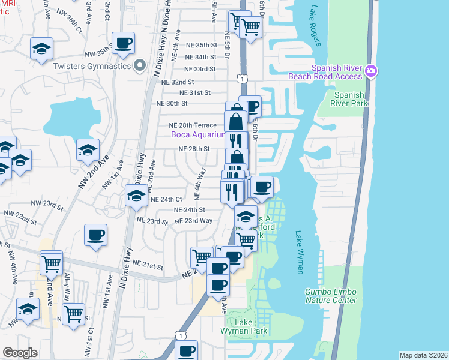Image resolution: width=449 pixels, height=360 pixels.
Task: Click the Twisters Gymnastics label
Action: pos(92,66)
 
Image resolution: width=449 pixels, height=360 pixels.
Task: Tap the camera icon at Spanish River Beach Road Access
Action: pos(371,71)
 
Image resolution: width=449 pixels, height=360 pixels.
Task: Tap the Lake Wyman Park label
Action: pos(251,327)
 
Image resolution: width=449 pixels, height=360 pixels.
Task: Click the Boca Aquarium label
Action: pos(198,134)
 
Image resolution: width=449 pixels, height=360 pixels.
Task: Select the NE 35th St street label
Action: pos(197,45)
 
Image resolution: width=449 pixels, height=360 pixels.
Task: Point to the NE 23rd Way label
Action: pos(193,221)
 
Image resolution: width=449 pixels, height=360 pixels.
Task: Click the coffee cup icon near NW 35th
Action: pos(123,44)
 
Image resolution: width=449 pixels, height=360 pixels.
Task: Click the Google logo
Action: pos(20,353)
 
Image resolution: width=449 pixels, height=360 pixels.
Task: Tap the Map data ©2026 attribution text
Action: pos(423,355)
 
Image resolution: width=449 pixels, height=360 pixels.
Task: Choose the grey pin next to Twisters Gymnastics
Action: pos(140,65)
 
